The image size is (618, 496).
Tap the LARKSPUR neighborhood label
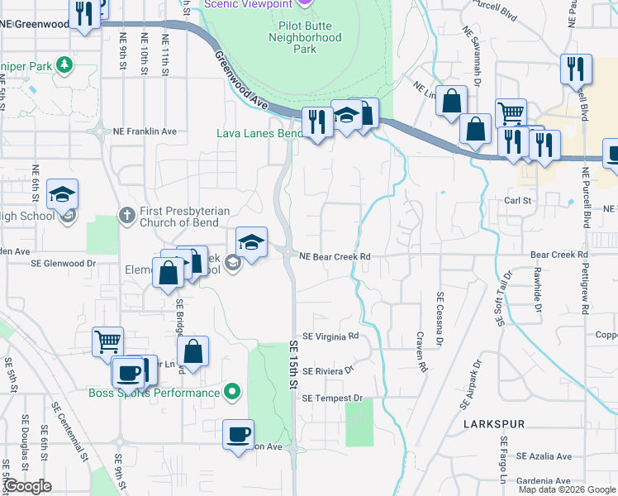point(494,424)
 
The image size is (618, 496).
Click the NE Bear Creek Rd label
point(334,257)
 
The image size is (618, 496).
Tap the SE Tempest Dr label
point(332,398)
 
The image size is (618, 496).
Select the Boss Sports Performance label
point(154,392)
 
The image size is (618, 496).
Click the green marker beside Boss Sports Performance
point(234,392)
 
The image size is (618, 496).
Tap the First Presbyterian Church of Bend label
point(178,217)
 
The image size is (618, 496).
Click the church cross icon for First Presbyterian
point(126,215)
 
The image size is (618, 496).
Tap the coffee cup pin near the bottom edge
point(239,433)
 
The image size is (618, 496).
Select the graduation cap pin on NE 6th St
point(62,194)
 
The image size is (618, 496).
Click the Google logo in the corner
point(27,486)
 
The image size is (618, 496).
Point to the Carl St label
point(518,201)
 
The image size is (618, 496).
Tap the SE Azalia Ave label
point(544,456)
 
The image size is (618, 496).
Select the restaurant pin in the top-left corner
point(83,15)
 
